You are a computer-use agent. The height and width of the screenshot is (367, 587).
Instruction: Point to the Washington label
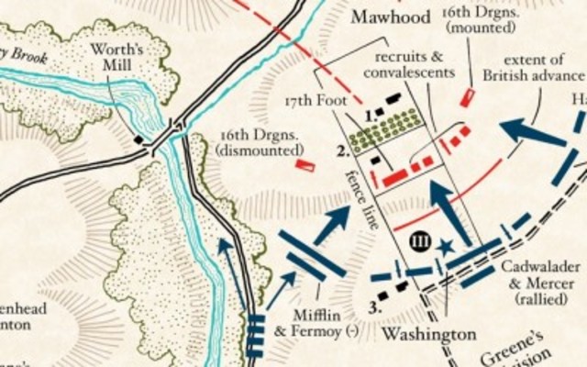[416, 332]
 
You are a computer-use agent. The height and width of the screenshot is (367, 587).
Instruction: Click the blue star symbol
[447, 246]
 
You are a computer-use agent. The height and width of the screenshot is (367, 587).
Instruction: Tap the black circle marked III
[421, 241]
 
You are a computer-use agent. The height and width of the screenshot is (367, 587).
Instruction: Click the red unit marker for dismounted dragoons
[305, 165]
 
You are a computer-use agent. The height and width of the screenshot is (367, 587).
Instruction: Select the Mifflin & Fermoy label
[324, 321]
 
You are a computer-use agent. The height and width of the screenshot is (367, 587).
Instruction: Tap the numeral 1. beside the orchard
[368, 117]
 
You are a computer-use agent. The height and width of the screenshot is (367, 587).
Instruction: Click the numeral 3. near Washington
[374, 306]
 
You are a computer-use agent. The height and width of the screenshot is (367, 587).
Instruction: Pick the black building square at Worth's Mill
[138, 139]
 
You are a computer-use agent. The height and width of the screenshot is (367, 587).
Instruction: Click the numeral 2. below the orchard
[342, 150]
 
